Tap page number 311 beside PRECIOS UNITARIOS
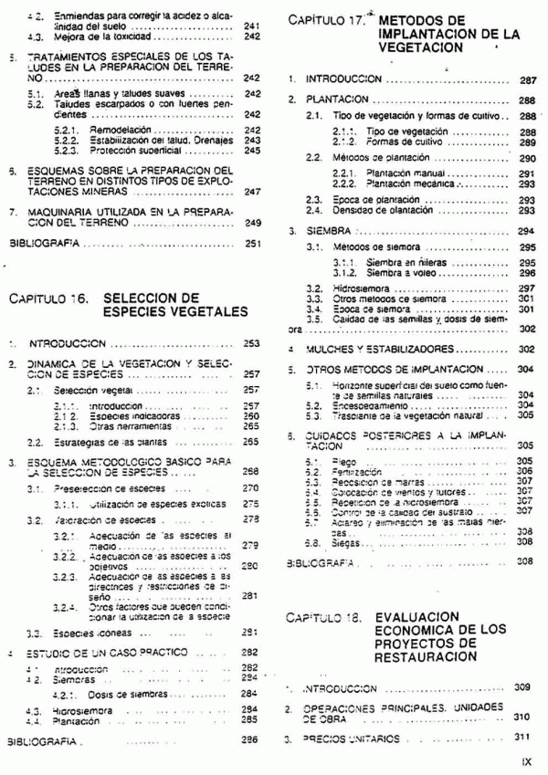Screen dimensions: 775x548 (x=523, y=736)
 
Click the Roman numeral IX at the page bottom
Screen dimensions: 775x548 (x=526, y=759)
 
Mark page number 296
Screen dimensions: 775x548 (x=526, y=272)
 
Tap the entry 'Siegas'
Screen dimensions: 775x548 (x=344, y=541)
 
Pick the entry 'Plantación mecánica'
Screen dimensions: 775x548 (x=397, y=183)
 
